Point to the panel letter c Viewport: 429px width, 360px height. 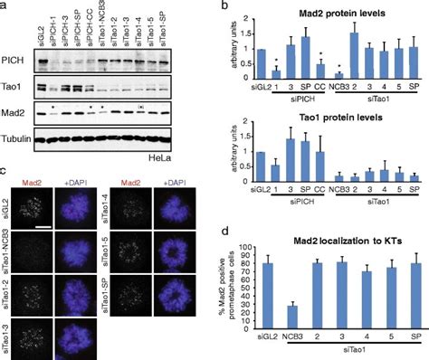[5, 169]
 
